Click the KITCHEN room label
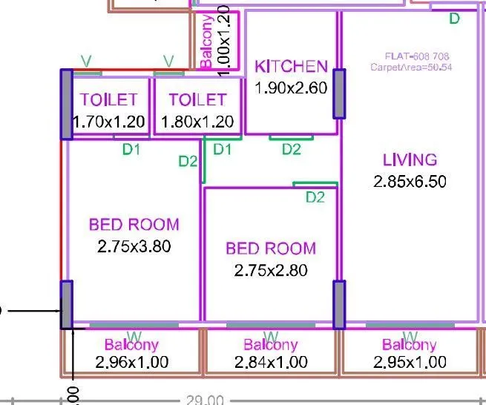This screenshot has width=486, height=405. [x=291, y=67]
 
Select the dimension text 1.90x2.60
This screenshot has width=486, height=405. [x=291, y=88]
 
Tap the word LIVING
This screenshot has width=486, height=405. [x=410, y=159]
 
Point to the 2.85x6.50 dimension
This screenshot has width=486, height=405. [x=410, y=181]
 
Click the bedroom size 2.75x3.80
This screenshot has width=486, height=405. [x=134, y=246]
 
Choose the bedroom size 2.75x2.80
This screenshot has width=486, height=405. [x=271, y=270]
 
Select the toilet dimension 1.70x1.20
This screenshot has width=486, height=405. [x=108, y=121]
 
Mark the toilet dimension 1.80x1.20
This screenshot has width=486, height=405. [x=197, y=121]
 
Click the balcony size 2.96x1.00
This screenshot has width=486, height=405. [x=132, y=362]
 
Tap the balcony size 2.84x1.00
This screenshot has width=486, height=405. [x=271, y=362]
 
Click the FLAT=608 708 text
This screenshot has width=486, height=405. [x=417, y=56]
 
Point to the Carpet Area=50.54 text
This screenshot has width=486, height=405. [x=411, y=67]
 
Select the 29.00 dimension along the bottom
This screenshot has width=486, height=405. [x=205, y=401]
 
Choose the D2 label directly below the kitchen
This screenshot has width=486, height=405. [x=292, y=150]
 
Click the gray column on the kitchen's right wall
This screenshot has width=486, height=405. [x=340, y=93]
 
